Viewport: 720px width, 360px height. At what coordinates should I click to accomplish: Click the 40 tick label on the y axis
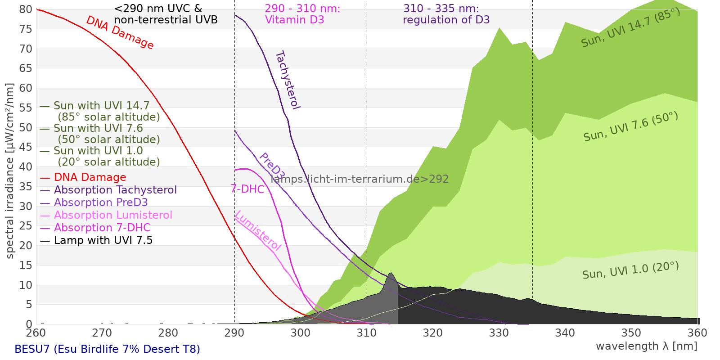(26, 167)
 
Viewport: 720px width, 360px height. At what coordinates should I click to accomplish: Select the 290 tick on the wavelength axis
(234, 333)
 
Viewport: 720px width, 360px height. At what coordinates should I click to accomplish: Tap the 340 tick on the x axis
(565, 333)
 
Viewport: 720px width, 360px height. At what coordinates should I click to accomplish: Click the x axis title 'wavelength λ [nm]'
(646, 346)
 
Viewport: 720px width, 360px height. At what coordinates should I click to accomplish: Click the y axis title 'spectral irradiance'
(10, 171)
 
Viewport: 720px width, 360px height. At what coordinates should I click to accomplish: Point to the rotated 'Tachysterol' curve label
(287, 80)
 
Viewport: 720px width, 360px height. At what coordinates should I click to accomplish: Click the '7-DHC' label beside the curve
(247, 189)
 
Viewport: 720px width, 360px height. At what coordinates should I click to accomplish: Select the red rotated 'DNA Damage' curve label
(120, 32)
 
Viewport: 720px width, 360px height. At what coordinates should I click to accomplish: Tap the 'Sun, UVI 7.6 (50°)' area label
(630, 127)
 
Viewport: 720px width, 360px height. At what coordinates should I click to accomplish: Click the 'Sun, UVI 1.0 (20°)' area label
(630, 270)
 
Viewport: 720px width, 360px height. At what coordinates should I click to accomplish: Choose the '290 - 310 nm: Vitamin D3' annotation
(302, 14)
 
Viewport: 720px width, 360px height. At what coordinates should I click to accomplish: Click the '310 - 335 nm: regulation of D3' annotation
(446, 14)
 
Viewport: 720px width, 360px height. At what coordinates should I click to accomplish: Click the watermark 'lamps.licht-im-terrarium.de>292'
(360, 179)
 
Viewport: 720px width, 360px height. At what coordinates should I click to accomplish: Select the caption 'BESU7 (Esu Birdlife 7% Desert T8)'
(107, 349)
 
